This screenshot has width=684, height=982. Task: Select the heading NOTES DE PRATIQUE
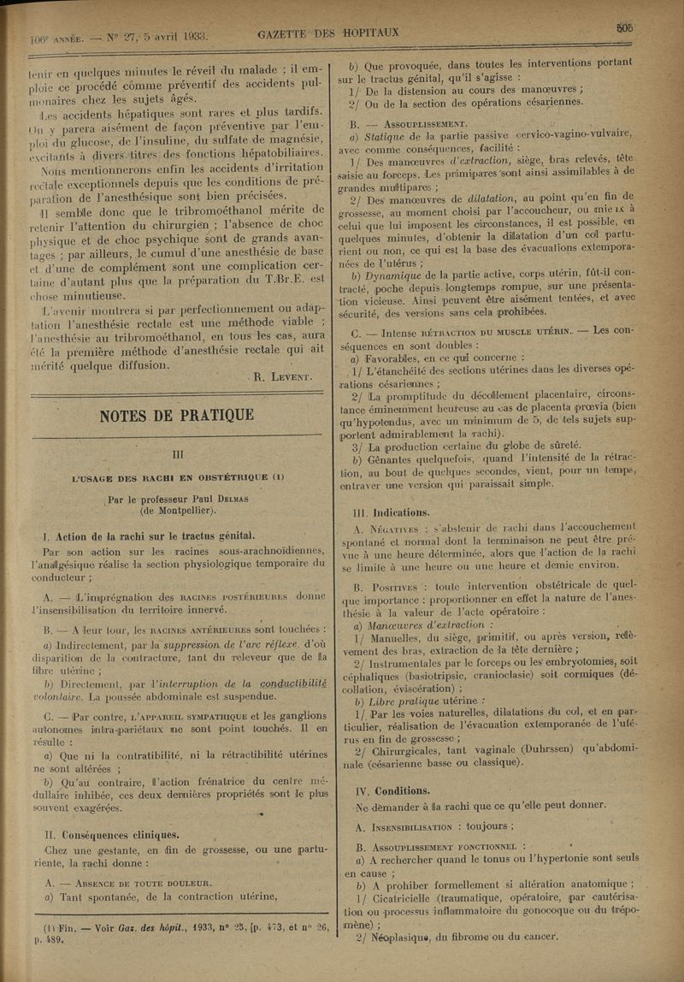click(x=177, y=416)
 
